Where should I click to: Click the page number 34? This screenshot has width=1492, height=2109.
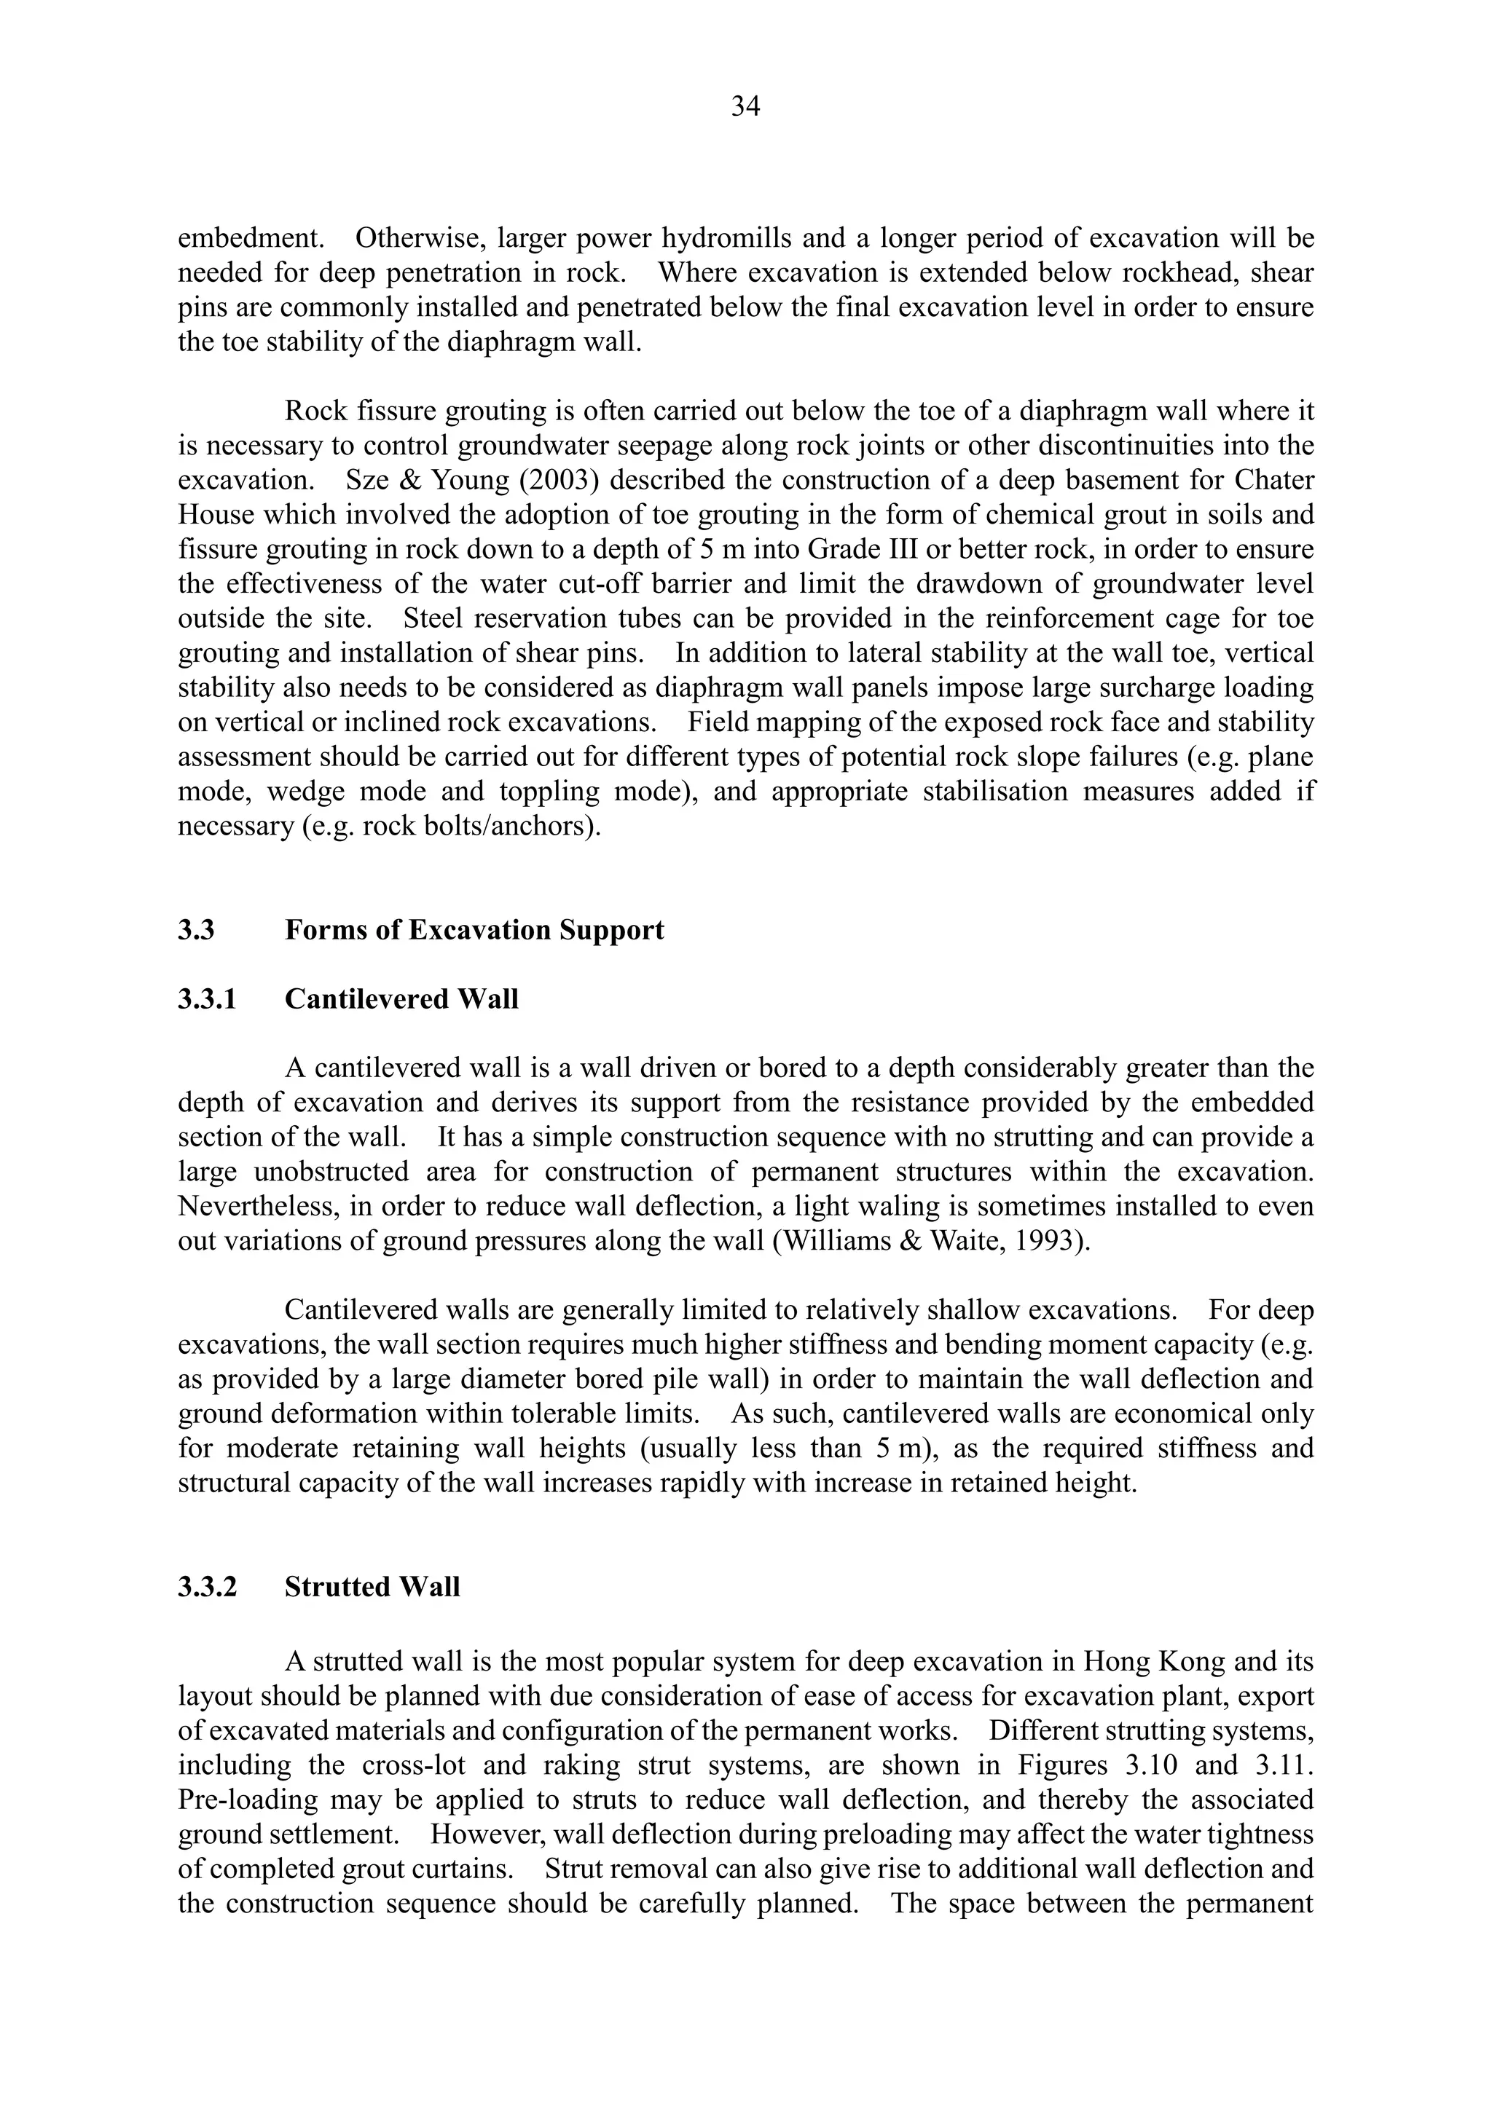745,108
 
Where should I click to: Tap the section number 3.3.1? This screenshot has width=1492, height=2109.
208,998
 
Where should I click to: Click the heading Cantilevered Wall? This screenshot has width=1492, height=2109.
401,998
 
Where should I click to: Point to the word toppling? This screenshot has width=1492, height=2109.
549,791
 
